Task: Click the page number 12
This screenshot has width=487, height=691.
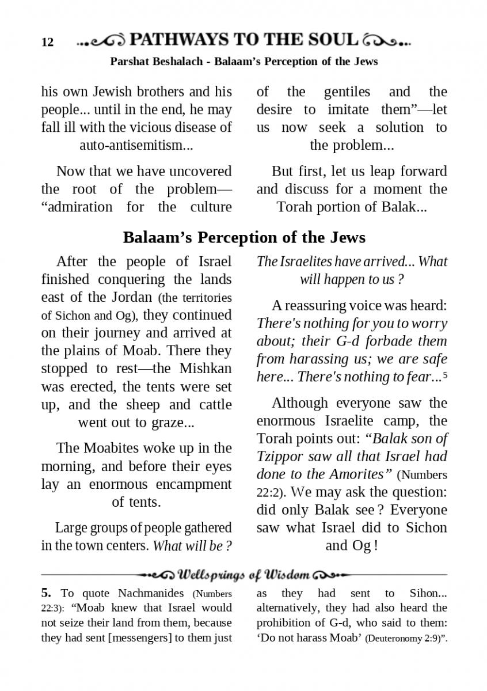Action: coord(47,43)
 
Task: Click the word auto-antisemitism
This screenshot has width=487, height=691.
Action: coord(136,145)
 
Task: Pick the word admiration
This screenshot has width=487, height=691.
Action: coord(74,207)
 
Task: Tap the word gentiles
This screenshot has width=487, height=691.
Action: coord(347,92)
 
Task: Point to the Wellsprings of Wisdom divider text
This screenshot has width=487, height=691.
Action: coord(244,575)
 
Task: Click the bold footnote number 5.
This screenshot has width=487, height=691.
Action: coord(45,593)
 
